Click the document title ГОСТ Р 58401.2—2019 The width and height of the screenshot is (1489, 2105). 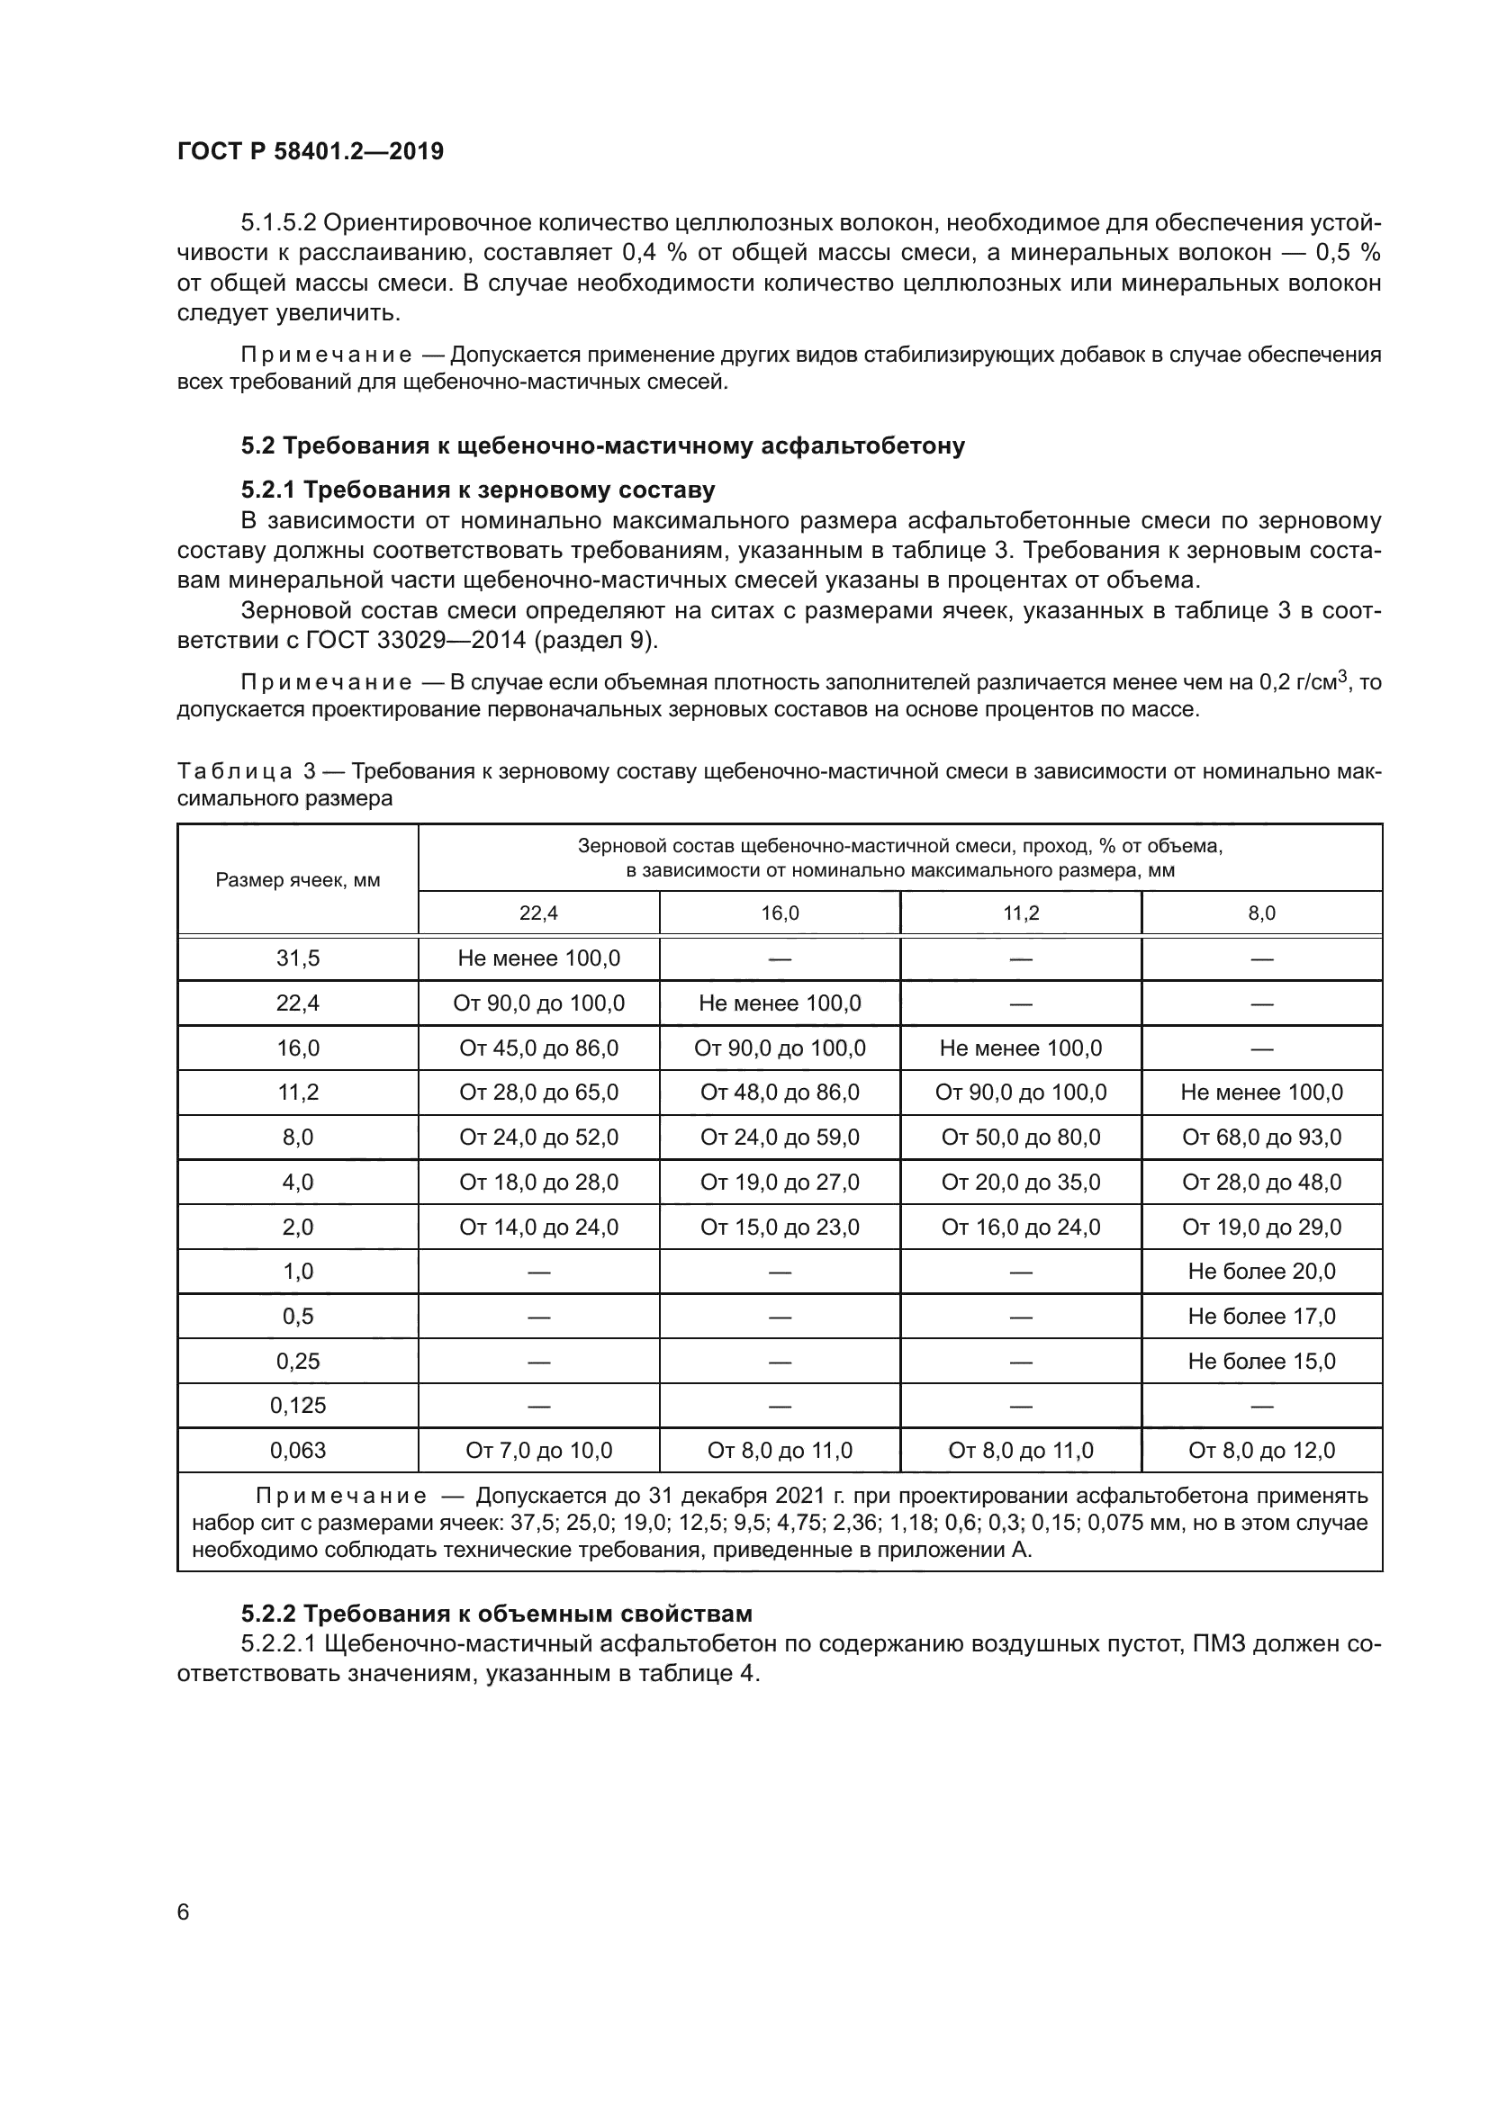310,151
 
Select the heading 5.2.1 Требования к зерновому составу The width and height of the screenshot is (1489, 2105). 478,490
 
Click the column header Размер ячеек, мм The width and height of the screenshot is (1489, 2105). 297,880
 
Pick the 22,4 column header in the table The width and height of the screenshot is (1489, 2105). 538,913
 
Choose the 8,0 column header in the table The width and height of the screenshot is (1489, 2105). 1260,913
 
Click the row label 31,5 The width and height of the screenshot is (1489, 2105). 297,958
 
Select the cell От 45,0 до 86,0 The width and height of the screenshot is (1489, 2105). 538,1048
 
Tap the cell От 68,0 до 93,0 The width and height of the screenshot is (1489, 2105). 1260,1137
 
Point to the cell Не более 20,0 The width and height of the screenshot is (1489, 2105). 1260,1272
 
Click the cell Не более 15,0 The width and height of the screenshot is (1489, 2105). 1260,1361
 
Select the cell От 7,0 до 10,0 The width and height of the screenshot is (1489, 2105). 538,1451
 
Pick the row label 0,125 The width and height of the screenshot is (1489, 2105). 297,1406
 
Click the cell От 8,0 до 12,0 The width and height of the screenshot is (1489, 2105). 1260,1451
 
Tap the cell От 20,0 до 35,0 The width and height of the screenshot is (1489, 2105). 1020,1182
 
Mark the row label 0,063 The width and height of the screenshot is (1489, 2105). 297,1451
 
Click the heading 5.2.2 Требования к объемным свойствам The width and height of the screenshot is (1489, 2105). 496,1614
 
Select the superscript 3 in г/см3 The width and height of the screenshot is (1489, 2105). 1342,677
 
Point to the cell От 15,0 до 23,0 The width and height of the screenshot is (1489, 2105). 780,1227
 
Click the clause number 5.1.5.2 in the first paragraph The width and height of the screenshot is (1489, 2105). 278,223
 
